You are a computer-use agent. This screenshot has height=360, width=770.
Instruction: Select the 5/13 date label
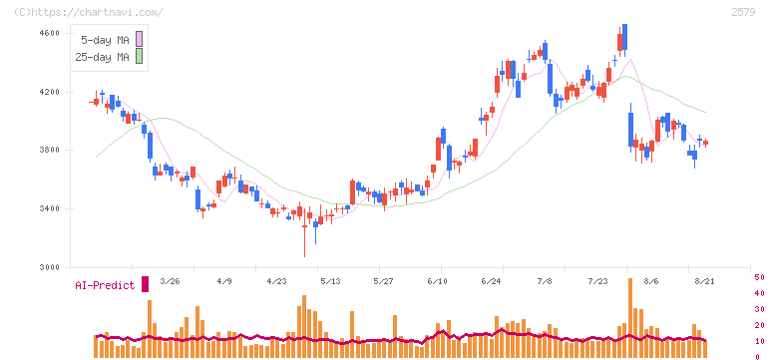(330, 281)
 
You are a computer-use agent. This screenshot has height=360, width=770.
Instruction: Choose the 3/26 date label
(170, 281)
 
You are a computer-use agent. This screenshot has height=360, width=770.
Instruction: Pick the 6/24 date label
(491, 281)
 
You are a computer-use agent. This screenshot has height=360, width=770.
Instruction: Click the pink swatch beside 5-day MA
(139, 39)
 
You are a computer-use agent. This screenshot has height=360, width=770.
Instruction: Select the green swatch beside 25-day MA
(139, 56)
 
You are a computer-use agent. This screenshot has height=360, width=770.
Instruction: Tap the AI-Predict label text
(105, 285)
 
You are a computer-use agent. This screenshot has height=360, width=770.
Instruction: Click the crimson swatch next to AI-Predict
(145, 284)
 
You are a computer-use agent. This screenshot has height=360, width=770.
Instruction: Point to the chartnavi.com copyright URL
(89, 12)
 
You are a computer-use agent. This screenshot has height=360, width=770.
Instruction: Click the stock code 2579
(743, 12)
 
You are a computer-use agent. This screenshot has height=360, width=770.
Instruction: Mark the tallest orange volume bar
(630, 318)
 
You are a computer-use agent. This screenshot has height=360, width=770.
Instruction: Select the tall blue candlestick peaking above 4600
(624, 37)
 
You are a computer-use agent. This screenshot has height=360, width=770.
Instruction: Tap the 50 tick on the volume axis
(759, 277)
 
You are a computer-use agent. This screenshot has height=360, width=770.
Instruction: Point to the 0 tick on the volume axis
(757, 357)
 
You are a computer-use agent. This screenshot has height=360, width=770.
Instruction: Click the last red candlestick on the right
(706, 143)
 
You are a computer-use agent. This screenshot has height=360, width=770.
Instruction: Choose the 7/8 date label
(545, 281)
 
